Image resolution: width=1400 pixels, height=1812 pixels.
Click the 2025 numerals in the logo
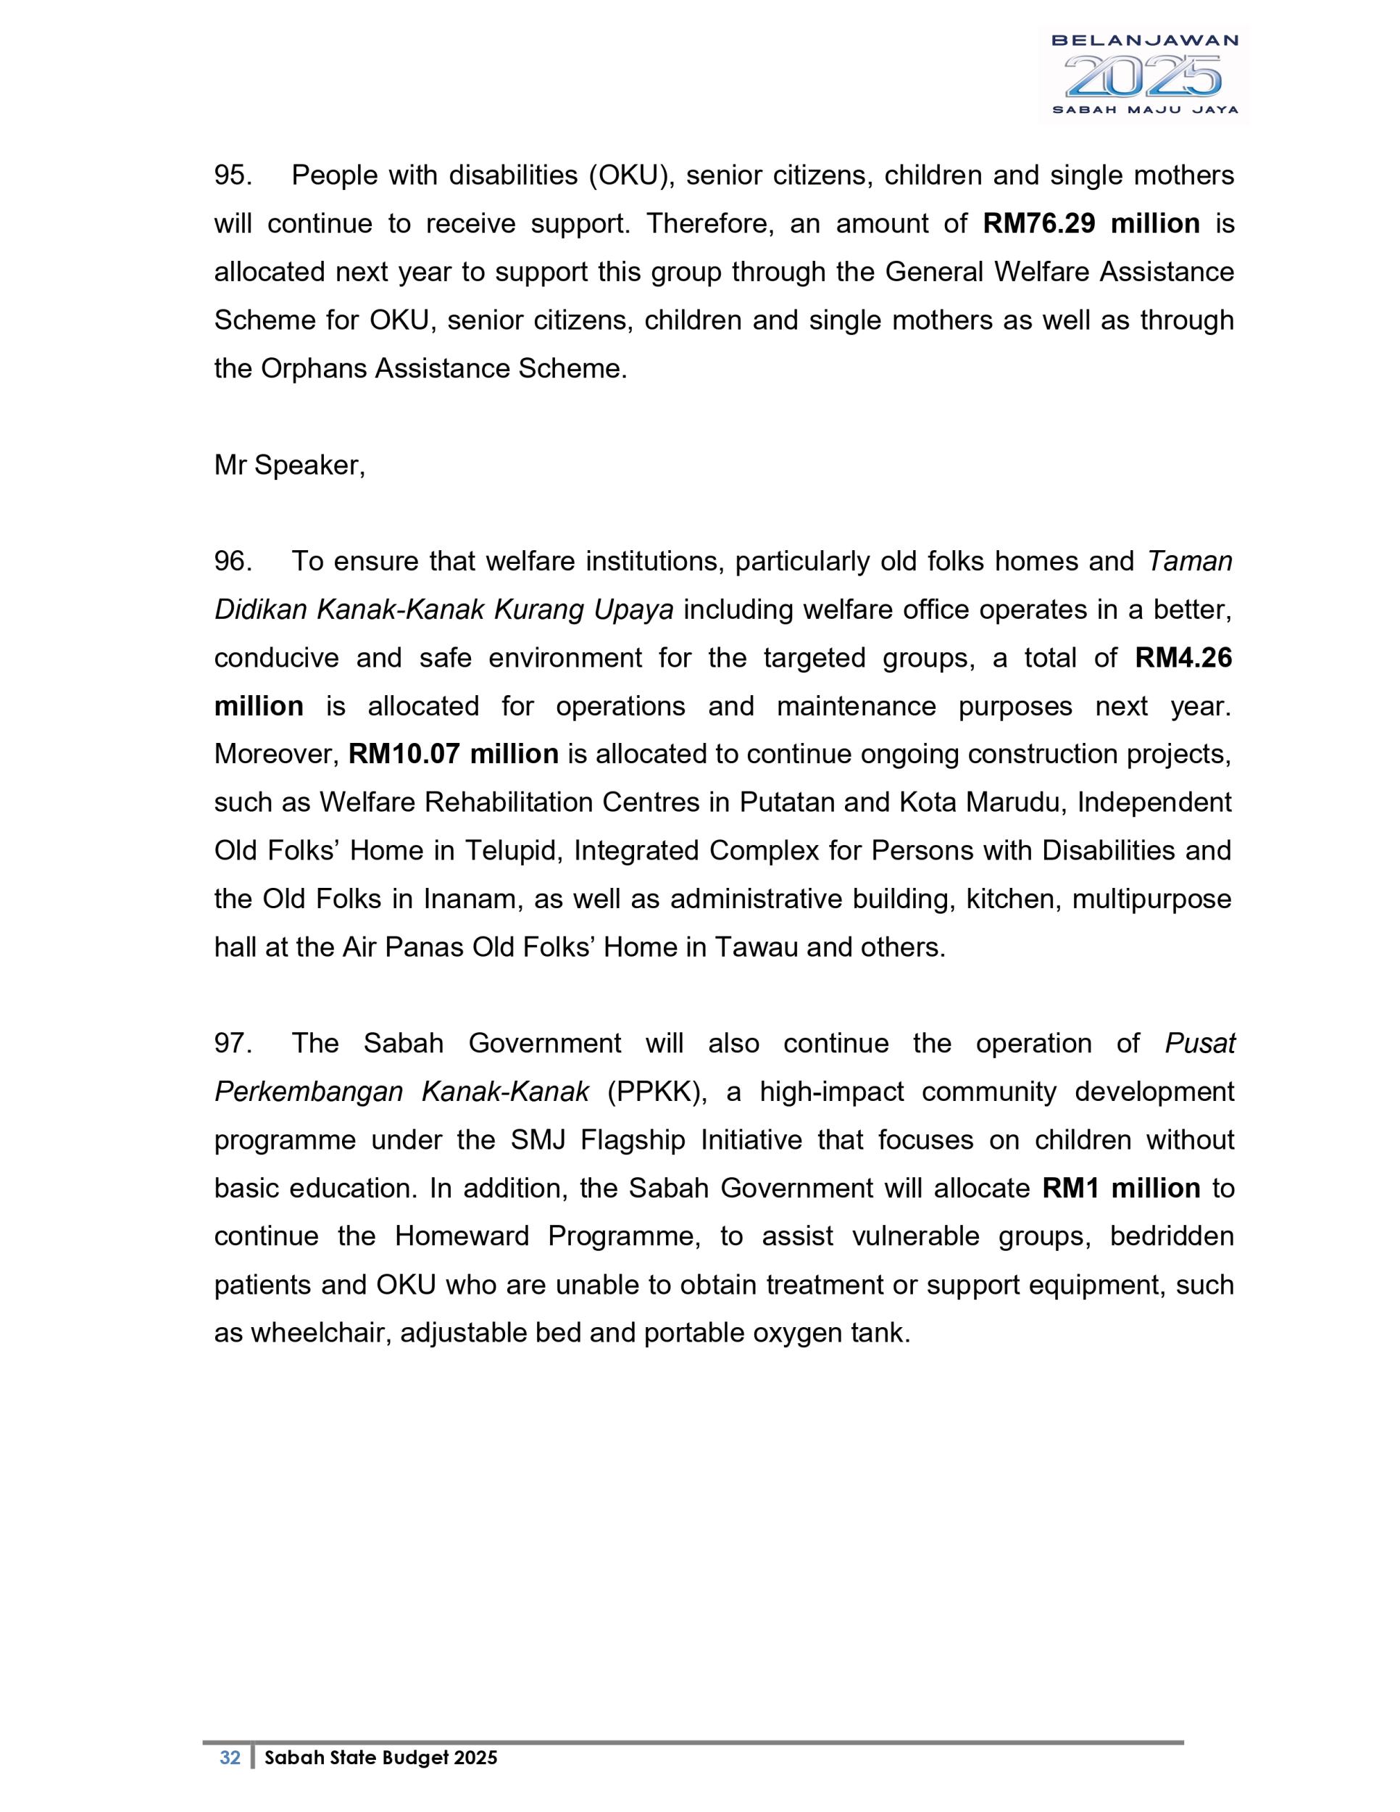(1143, 76)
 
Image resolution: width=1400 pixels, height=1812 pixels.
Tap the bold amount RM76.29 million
(1091, 223)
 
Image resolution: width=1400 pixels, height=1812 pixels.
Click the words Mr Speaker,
(289, 465)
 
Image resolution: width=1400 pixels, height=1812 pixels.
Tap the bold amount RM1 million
(1121, 1187)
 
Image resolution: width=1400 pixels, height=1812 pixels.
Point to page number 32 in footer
(230, 1757)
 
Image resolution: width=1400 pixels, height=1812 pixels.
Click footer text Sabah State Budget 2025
(380, 1757)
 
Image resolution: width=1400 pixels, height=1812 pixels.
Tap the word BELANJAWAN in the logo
(1144, 41)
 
